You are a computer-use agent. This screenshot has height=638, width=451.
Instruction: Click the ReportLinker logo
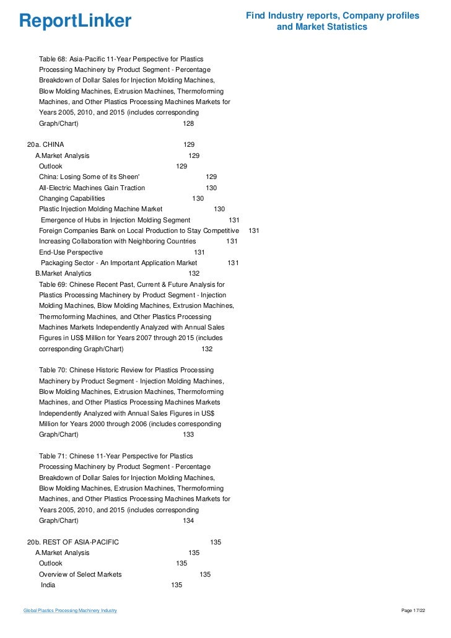click(75, 21)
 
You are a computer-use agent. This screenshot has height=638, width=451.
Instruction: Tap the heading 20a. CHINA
click(45, 144)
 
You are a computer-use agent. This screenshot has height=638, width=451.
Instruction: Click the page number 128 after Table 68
click(188, 123)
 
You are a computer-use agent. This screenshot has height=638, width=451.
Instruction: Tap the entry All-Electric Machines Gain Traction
click(92, 188)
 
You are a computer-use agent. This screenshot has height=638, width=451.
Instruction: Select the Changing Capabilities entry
click(72, 198)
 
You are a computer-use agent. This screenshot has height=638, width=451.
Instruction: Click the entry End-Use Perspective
click(71, 252)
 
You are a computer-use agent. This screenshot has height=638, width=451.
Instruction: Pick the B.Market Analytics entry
click(63, 273)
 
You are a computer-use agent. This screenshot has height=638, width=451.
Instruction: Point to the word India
click(48, 585)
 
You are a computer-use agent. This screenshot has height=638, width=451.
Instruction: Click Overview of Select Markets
click(81, 574)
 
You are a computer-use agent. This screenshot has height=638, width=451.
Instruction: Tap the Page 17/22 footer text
click(414, 611)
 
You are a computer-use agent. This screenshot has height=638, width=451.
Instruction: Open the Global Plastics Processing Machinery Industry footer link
click(70, 611)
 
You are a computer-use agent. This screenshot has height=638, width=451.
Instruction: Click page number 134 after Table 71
click(188, 520)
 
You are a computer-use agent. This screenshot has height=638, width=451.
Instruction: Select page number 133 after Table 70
click(188, 434)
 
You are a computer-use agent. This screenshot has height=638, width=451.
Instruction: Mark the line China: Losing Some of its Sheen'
click(89, 177)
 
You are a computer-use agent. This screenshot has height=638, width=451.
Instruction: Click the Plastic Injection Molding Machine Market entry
click(101, 209)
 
